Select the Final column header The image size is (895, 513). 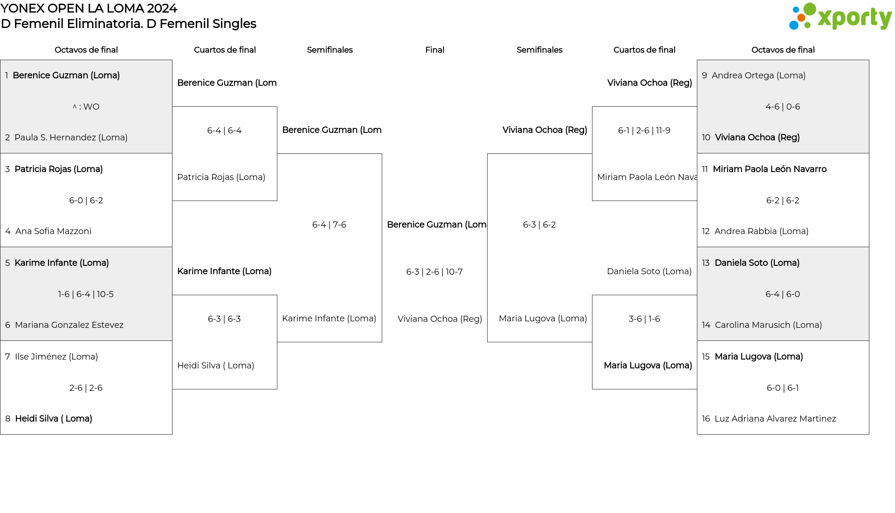(434, 50)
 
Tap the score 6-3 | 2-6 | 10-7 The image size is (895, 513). (434, 272)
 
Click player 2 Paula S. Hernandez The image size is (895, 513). (66, 138)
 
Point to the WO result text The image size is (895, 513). (86, 107)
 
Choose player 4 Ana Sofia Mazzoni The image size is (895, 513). (48, 231)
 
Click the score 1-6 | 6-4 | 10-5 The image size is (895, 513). (86, 294)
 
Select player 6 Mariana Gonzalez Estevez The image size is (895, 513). (64, 325)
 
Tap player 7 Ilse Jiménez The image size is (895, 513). (52, 357)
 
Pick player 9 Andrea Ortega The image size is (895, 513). (754, 76)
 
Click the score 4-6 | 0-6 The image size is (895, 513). (783, 107)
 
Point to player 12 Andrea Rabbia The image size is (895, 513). (755, 231)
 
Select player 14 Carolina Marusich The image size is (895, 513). (762, 325)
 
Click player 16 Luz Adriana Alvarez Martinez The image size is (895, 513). (769, 419)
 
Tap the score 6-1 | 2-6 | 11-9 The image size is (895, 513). (644, 131)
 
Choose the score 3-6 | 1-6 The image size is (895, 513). (644, 319)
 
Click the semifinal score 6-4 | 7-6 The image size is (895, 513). (329, 225)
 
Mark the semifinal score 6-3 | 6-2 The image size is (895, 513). (539, 225)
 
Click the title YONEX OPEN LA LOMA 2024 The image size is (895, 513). (89, 8)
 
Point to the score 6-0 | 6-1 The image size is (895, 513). (783, 388)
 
